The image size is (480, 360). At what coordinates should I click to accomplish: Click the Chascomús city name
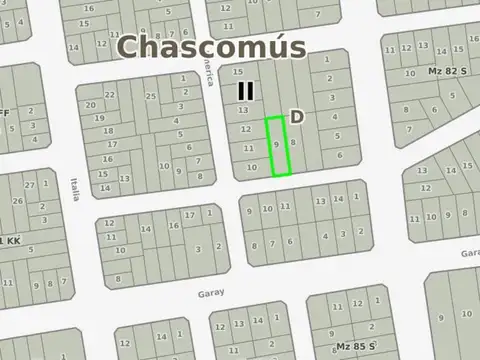coord(211,47)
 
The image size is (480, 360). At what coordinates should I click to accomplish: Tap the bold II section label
coord(246,91)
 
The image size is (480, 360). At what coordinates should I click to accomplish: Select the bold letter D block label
coord(297,117)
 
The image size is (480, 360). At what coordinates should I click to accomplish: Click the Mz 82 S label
coord(448,71)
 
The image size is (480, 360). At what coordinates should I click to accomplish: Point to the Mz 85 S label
coord(356,346)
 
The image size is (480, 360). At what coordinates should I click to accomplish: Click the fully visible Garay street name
coord(211,294)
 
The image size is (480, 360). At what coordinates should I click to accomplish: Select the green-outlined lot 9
coord(277,146)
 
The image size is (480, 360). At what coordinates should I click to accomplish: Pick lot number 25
coord(151,96)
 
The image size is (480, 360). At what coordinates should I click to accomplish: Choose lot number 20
coord(91,105)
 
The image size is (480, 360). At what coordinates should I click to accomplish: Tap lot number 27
coord(30,186)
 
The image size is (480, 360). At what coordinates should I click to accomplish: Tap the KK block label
coord(12,241)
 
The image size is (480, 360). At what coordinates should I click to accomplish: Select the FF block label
coord(4,113)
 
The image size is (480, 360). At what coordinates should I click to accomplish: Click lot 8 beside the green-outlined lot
coord(292,143)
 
